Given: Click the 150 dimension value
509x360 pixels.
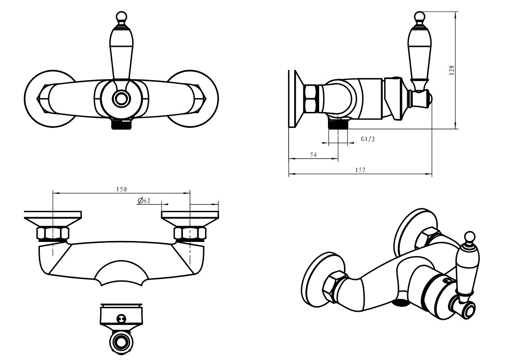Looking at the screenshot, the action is point(121,189).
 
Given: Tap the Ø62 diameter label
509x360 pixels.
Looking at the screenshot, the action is point(144,201).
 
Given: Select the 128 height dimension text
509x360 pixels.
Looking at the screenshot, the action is point(451,70).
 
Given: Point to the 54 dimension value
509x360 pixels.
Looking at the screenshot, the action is point(313,155).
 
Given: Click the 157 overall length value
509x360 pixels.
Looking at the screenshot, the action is point(360,170).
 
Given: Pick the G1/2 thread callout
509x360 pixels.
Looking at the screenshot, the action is point(368,139).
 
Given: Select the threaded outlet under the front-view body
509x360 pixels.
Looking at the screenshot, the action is point(122,125).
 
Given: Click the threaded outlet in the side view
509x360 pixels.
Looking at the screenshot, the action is point(338,123).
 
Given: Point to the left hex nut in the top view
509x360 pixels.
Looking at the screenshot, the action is point(53,234).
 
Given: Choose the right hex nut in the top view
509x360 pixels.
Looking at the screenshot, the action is point(190,234).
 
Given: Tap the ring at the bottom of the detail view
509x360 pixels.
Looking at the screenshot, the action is point(121,342).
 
